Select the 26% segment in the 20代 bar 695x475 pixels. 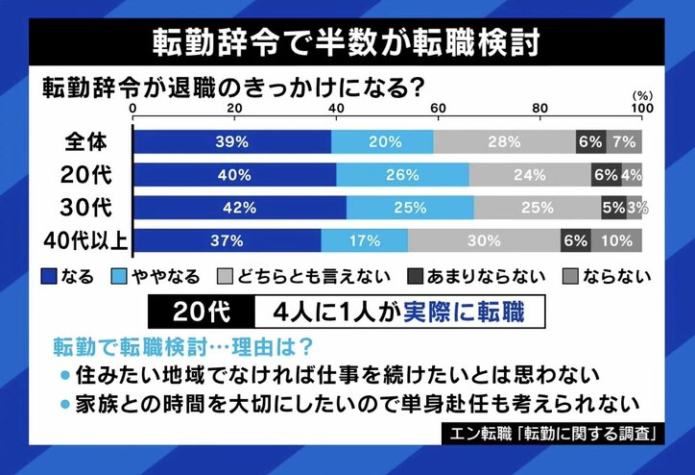[x=403, y=175]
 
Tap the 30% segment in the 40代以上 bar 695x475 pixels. [x=484, y=240]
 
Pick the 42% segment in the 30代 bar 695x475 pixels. [x=239, y=208]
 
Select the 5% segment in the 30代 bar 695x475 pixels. [x=613, y=208]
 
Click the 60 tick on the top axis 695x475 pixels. [x=438, y=109]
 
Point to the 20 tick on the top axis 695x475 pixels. [x=234, y=109]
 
